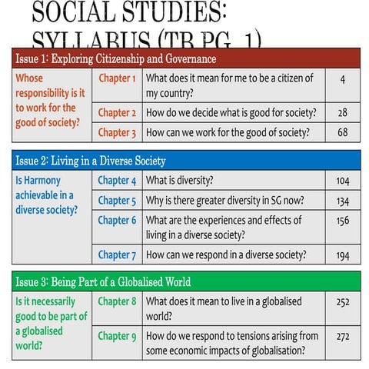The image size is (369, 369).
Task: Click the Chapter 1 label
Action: pyautogui.click(x=117, y=78)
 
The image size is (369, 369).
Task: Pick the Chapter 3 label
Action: pyautogui.click(x=117, y=132)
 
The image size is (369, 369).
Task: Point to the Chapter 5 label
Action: pyautogui.click(x=117, y=201)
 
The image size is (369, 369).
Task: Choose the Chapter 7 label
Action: pyautogui.click(x=117, y=254)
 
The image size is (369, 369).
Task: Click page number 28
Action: pyautogui.click(x=342, y=112)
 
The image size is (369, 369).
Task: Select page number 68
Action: pyautogui.click(x=342, y=132)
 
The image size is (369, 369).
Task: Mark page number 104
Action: pyautogui.click(x=342, y=181)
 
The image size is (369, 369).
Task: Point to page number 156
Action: pyautogui.click(x=342, y=221)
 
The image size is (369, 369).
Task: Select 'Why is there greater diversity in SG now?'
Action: pyautogui.click(x=224, y=201)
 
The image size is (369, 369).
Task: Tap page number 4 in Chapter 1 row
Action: pyautogui.click(x=342, y=78)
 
